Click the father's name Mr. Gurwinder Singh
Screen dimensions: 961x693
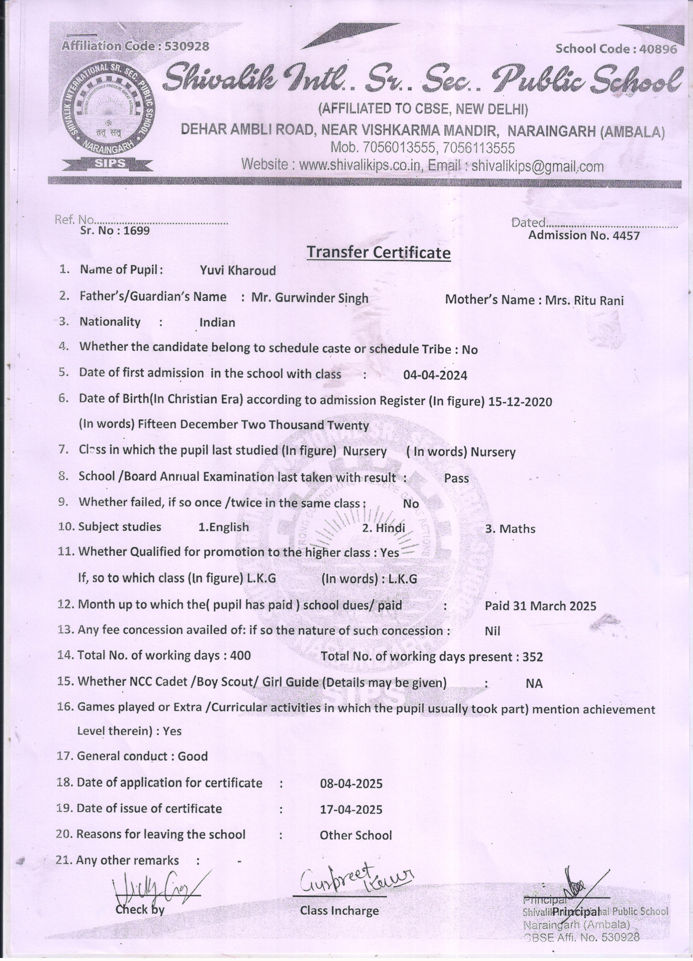[x=309, y=298]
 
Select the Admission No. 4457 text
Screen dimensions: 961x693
[x=584, y=236]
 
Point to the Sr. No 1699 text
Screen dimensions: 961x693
[x=115, y=230]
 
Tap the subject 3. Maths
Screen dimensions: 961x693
[x=510, y=529]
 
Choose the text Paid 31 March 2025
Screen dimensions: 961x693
[x=540, y=606]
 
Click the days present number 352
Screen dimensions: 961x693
[x=533, y=657]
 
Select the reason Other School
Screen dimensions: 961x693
[x=356, y=835]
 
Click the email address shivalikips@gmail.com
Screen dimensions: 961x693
[x=538, y=166]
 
